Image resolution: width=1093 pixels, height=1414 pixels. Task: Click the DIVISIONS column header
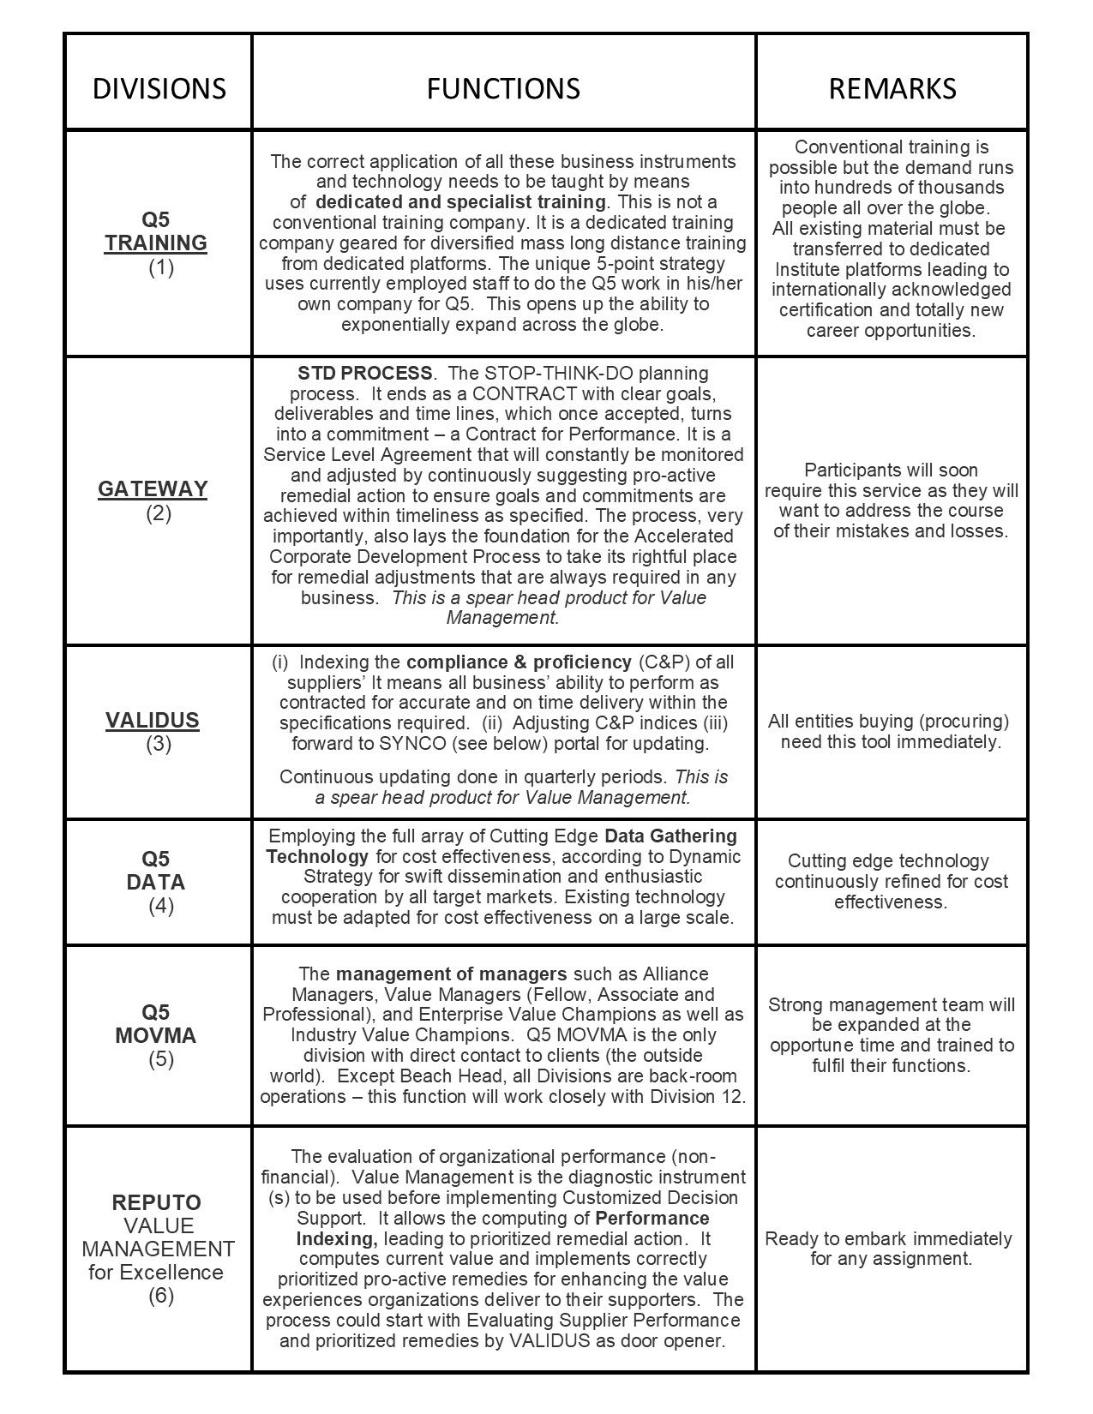[159, 88]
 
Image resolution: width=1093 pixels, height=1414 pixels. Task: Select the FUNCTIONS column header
[503, 88]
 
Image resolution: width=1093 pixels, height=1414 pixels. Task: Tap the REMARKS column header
[892, 88]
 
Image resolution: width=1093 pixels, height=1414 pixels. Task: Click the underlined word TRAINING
[156, 243]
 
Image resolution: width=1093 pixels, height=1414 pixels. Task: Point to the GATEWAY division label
[153, 489]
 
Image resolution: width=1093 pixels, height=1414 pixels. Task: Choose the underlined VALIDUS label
[153, 721]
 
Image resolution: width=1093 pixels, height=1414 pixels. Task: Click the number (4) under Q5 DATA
[161, 906]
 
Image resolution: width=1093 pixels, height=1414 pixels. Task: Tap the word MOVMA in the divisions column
[156, 1036]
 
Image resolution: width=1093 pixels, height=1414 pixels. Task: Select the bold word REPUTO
[156, 1202]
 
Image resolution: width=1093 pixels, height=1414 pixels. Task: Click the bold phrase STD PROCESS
[365, 374]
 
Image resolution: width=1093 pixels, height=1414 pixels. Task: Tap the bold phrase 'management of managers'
[451, 974]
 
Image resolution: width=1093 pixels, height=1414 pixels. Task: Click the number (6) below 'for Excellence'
[161, 1296]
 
